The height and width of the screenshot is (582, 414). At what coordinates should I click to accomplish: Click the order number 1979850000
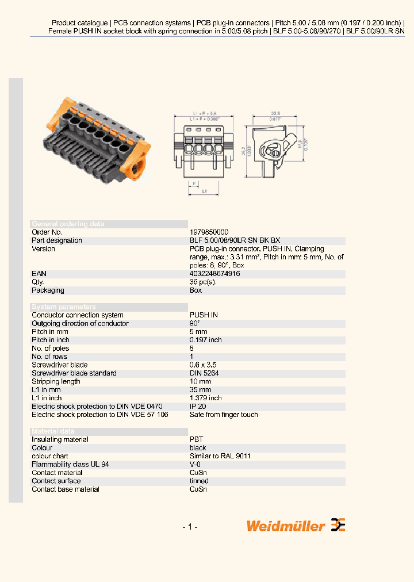tap(209, 232)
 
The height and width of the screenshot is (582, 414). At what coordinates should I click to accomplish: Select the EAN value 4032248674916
tap(214, 274)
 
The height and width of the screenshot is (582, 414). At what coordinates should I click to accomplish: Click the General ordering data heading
tap(68, 224)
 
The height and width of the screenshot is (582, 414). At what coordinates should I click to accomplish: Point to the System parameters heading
tap(64, 307)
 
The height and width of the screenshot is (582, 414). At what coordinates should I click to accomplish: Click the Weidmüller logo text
tap(286, 525)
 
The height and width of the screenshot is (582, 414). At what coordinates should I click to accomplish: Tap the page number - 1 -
tap(190, 527)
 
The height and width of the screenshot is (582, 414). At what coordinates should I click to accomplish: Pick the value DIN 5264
tap(204, 373)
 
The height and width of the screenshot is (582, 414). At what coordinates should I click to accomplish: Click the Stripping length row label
tap(56, 381)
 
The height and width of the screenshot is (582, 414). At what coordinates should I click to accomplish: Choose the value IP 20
tap(199, 406)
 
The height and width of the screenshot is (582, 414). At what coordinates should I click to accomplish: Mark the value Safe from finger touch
tap(224, 415)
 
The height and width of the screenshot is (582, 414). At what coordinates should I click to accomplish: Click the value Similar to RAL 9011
tap(220, 456)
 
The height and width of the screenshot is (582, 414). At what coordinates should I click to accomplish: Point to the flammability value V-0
tap(196, 464)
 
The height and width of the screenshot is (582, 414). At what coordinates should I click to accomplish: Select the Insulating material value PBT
tap(196, 439)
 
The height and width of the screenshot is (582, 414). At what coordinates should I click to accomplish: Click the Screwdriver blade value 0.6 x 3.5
tap(203, 365)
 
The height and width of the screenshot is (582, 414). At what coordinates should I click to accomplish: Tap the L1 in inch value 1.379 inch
tap(205, 398)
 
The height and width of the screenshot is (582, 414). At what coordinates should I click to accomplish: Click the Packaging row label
tap(48, 290)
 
